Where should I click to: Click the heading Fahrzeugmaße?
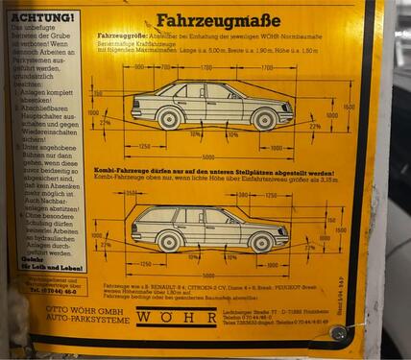218,20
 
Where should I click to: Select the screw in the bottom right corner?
338,333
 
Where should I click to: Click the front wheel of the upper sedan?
264,119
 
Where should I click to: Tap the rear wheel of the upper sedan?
170,119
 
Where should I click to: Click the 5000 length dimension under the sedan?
208,157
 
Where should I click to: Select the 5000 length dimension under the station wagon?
206,274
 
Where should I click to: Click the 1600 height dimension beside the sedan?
350,108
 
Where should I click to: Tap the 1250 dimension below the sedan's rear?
144,146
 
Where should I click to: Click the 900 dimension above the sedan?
140,68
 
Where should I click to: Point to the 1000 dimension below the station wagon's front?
275,262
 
